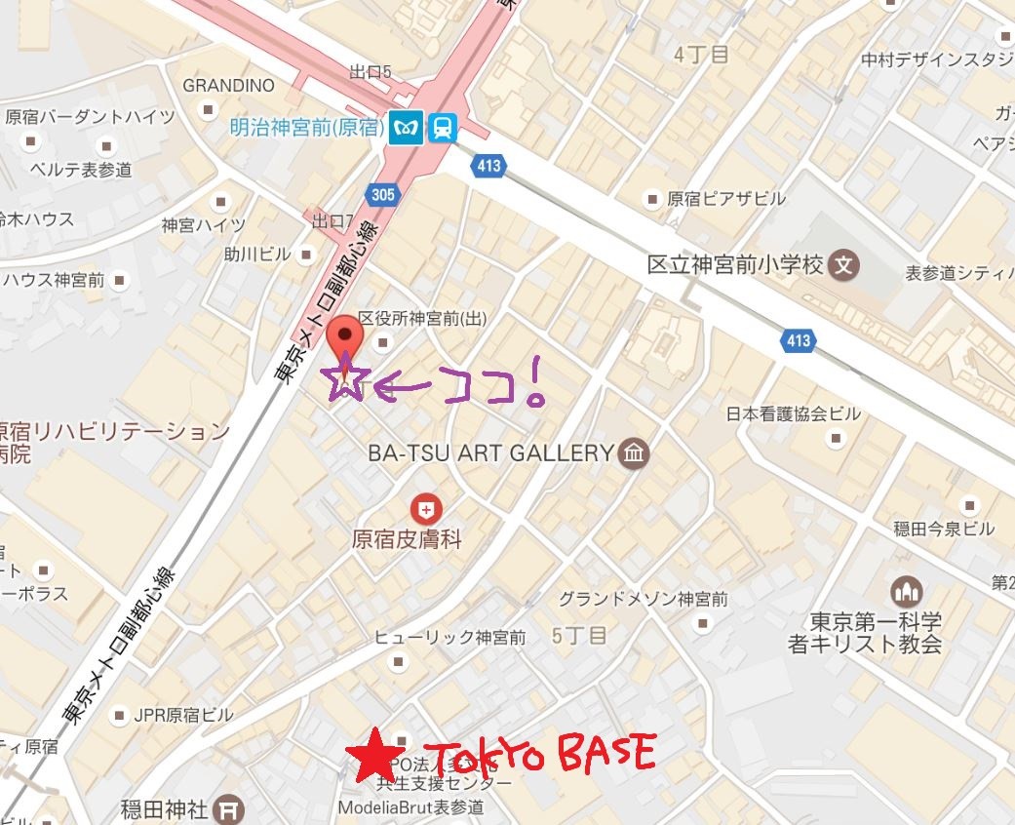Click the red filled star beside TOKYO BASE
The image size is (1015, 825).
click(371, 756)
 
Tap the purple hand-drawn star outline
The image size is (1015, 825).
click(344, 380)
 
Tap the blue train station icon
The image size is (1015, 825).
click(442, 128)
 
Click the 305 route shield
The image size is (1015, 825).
click(383, 195)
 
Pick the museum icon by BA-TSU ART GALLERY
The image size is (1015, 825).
click(634, 452)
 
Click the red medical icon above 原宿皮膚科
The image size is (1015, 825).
click(425, 508)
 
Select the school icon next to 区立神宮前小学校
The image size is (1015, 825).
click(845, 264)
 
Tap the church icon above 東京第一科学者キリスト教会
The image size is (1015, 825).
click(907, 591)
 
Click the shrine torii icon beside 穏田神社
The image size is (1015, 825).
click(229, 807)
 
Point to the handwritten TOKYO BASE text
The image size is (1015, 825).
click(540, 754)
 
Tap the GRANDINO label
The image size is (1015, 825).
click(229, 85)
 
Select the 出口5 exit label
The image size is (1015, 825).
click(371, 71)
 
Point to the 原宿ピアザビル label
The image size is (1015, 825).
click(725, 199)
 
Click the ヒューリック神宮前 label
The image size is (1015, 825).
click(450, 638)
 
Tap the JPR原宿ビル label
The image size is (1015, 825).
click(183, 715)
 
